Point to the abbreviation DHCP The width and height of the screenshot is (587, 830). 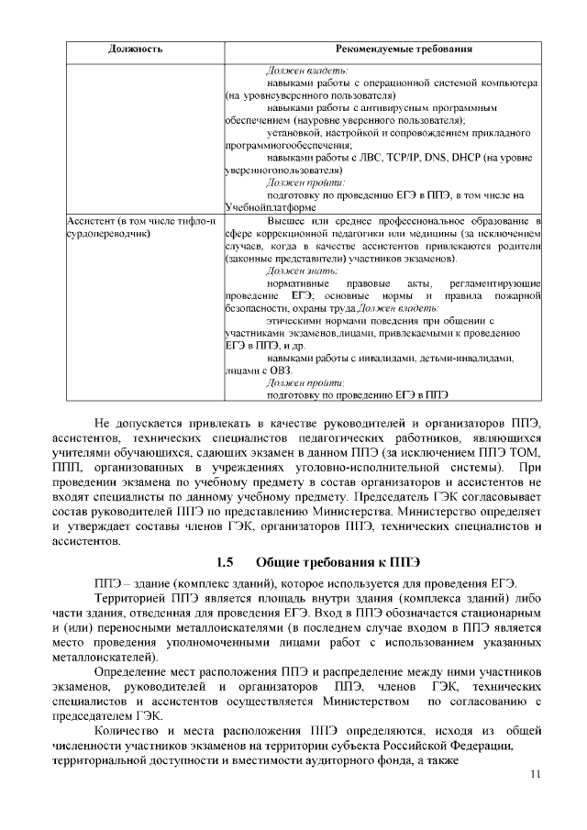[482, 158]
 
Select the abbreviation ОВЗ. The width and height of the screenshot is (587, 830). [279, 371]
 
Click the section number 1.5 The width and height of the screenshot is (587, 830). [225, 561]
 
